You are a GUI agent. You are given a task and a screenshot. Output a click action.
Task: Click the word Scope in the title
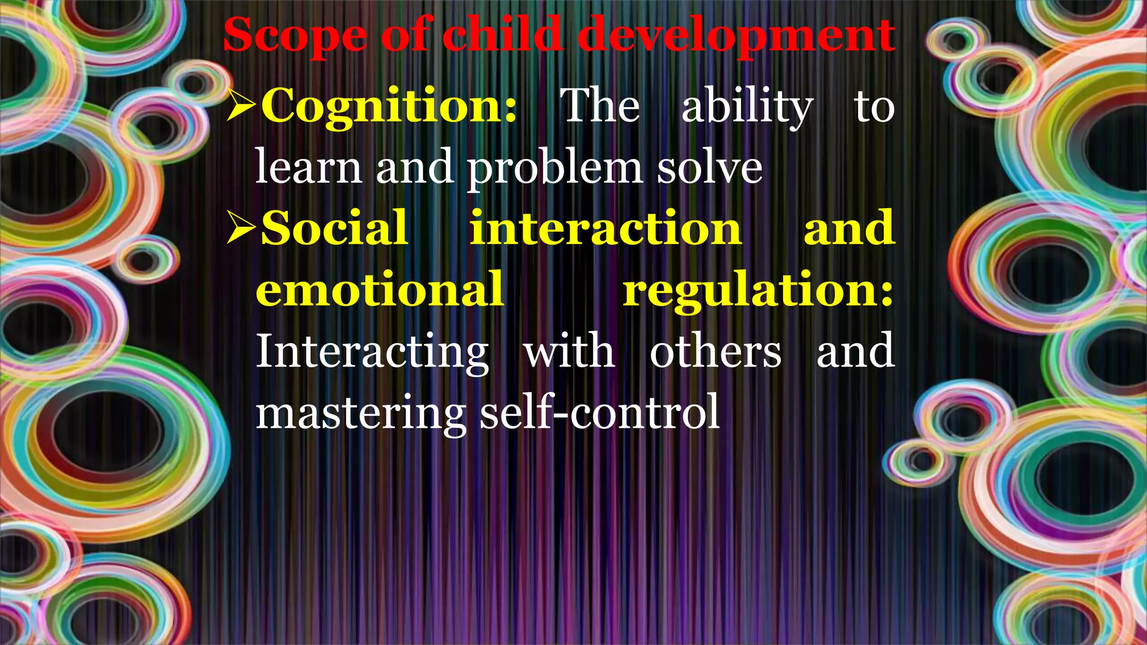coord(295,36)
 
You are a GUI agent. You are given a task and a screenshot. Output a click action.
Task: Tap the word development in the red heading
coord(735,36)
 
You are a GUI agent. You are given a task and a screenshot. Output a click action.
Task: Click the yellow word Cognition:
coord(389,106)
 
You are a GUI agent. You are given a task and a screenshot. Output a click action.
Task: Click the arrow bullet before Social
coord(241,228)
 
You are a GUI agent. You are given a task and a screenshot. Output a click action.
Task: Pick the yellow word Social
coord(334,228)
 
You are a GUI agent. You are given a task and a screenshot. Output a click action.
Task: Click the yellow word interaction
coord(605,228)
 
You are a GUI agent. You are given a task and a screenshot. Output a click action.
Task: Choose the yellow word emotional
coord(380,289)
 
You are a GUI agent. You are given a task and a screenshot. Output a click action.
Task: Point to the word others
coord(715,352)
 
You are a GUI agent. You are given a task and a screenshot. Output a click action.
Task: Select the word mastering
coord(361,413)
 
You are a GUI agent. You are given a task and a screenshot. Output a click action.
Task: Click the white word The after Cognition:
coord(600,106)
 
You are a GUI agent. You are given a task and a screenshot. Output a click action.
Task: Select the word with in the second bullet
coord(569,352)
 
